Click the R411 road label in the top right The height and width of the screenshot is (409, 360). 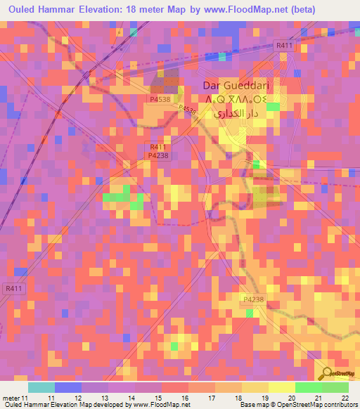coord(285,45)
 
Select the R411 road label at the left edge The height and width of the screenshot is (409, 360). coord(13,287)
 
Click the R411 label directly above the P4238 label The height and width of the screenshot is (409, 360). coord(157,147)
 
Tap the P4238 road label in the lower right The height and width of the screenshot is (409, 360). coord(253,300)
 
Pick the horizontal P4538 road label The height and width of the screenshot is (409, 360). coord(159,100)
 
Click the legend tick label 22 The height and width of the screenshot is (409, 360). coord(345,398)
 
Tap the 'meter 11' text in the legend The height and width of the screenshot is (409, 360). coord(14,398)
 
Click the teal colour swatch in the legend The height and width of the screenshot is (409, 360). coord(41,387)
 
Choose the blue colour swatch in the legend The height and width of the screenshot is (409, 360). coord(67,387)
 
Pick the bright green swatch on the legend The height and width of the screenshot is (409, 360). coord(308,387)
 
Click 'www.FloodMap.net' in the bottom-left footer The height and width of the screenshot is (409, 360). coord(162,405)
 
